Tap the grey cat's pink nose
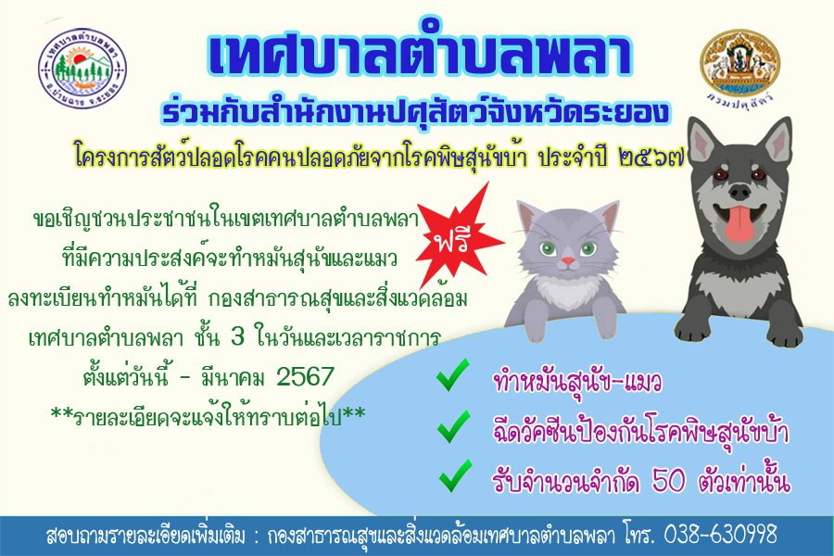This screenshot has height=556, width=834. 568,261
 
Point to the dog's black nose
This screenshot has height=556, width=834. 742,190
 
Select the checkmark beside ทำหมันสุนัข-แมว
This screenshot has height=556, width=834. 453,375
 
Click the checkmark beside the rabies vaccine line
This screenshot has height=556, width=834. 453,426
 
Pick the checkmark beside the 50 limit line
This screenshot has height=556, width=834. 455,476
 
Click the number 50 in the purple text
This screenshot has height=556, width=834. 669,482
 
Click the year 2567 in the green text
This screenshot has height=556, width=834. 305,377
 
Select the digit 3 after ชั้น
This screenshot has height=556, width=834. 237,338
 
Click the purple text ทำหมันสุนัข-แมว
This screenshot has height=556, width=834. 577,382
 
